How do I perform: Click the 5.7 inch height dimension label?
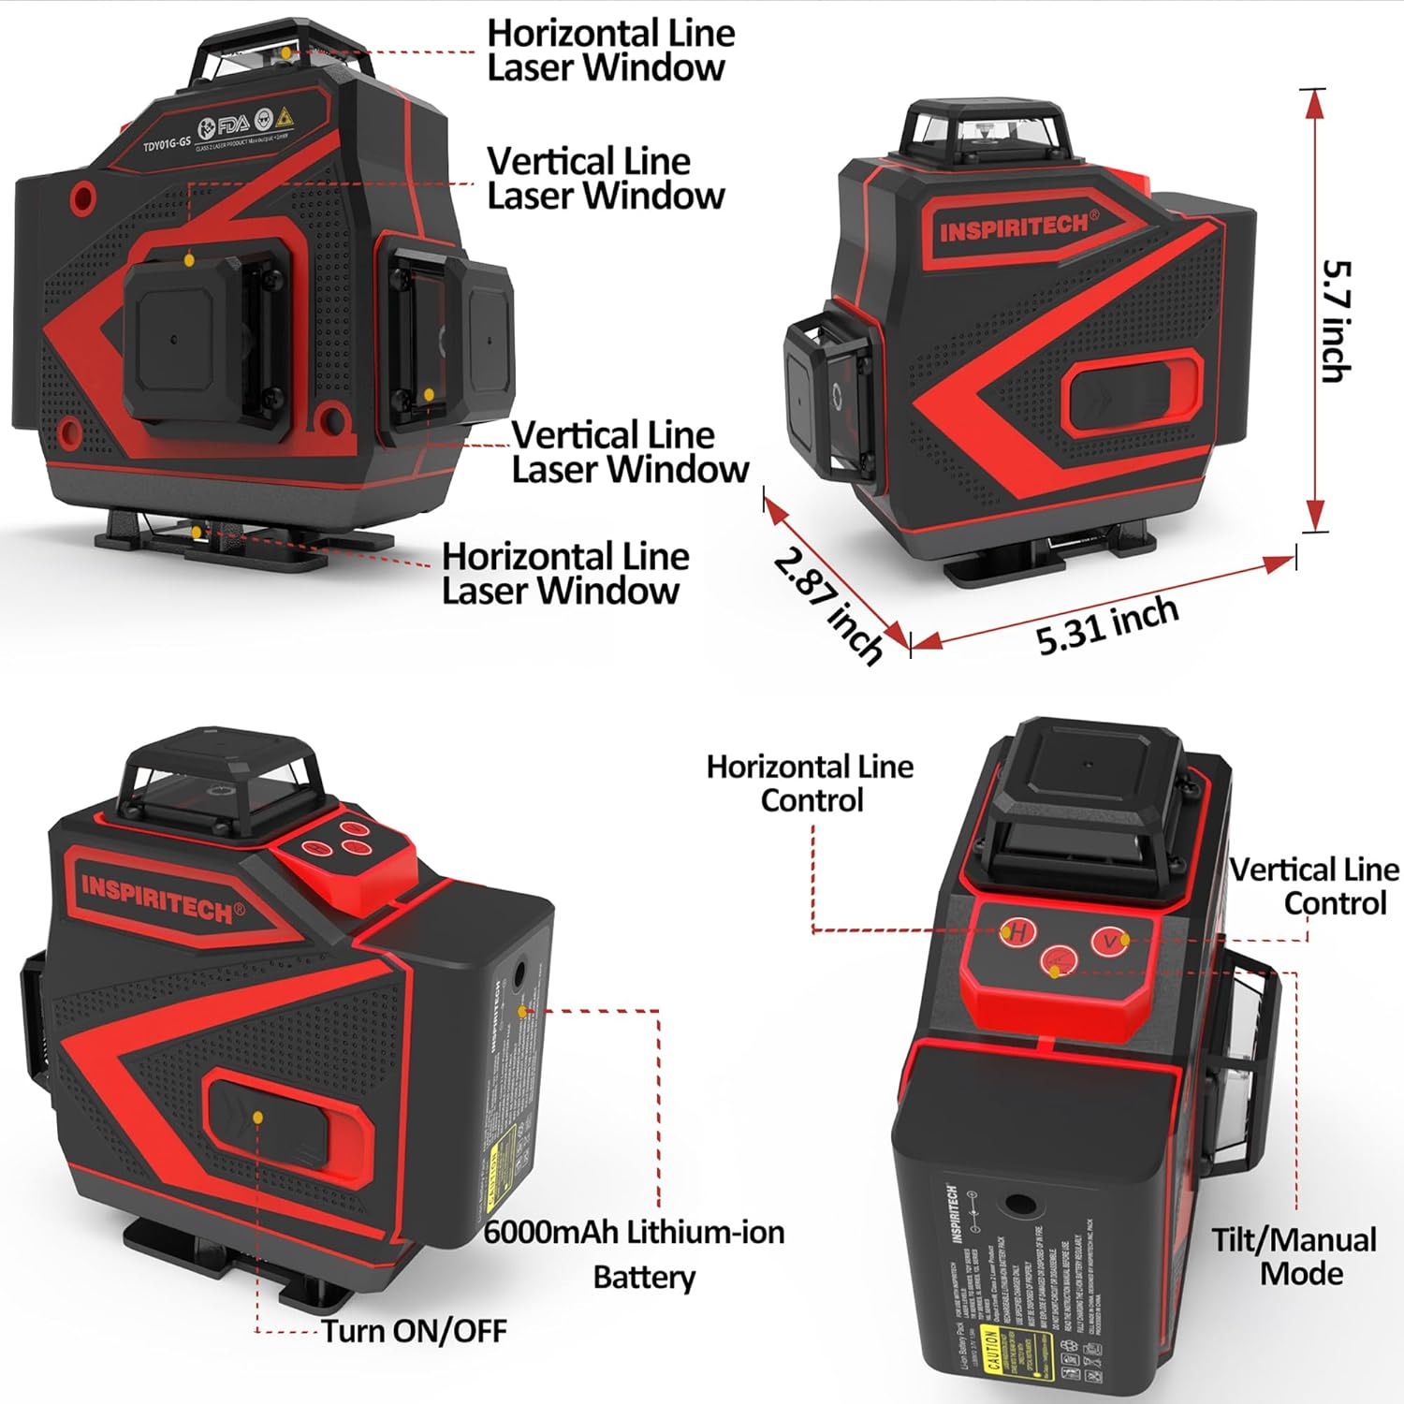click(x=1336, y=320)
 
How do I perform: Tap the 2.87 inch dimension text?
click(x=827, y=605)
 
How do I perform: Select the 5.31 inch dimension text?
click(x=1106, y=624)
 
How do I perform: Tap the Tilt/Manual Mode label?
click(x=1294, y=1256)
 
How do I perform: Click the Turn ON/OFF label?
click(x=414, y=1330)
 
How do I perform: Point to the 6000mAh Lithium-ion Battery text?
click(x=635, y=1253)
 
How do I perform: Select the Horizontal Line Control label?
click(x=810, y=782)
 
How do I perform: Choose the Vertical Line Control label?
click(x=1315, y=885)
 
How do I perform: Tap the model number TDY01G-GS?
click(x=166, y=144)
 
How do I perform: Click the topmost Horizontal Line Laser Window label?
click(x=610, y=50)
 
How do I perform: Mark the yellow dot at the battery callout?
click(x=523, y=1011)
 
